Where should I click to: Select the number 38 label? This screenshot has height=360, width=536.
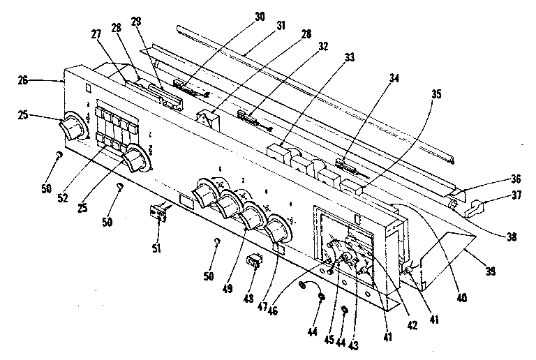(x=512, y=237)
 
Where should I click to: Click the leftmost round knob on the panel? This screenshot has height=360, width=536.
(x=73, y=128)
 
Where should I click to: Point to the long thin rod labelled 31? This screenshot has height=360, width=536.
(x=314, y=90)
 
